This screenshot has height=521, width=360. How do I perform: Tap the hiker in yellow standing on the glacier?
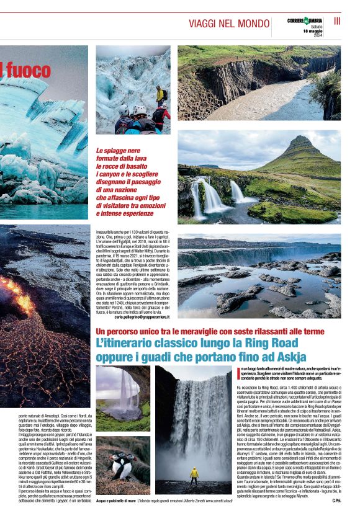[x=160, y=95]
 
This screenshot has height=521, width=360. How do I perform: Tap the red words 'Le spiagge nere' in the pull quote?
[x=117, y=151]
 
